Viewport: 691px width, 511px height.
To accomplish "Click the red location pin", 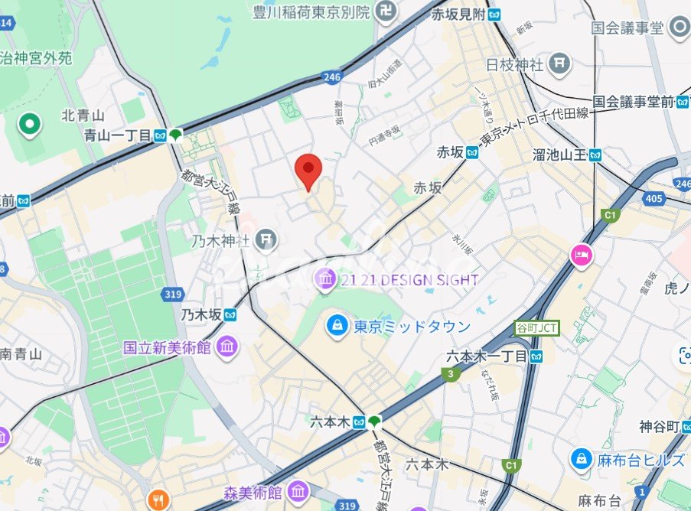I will tap(308, 169).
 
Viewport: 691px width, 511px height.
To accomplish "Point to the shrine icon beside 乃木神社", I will tap(266, 240).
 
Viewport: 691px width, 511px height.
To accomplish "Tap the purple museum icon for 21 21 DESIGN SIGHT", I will tap(327, 280).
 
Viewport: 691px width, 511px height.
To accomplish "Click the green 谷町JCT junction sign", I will tap(536, 328).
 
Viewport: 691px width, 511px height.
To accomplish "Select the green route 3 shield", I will tap(449, 374).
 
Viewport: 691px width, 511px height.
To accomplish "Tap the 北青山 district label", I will tap(83, 116).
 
